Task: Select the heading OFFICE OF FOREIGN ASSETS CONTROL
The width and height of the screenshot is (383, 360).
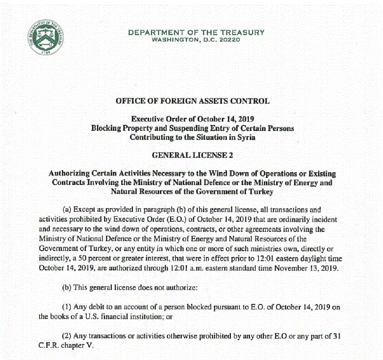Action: [193, 101]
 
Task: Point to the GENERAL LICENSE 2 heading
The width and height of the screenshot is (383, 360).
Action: [193, 155]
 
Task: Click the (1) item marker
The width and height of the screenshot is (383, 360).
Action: [67, 307]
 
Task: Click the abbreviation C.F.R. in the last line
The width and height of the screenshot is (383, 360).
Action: [49, 345]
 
